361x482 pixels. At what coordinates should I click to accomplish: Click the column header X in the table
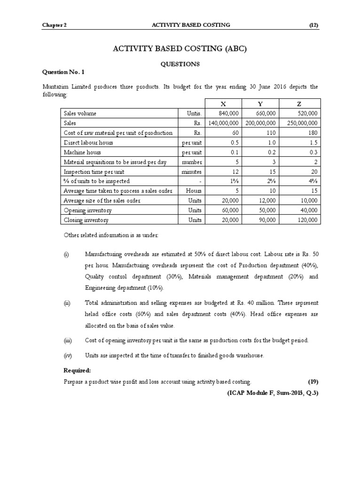(x=223, y=104)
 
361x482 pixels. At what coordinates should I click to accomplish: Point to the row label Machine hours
(x=82, y=152)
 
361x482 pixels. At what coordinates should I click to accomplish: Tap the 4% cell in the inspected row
(x=313, y=181)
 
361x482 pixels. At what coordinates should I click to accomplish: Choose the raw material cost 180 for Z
(x=313, y=133)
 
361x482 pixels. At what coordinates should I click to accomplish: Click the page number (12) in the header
(x=314, y=25)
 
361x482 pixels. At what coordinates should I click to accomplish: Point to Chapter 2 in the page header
(x=54, y=25)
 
